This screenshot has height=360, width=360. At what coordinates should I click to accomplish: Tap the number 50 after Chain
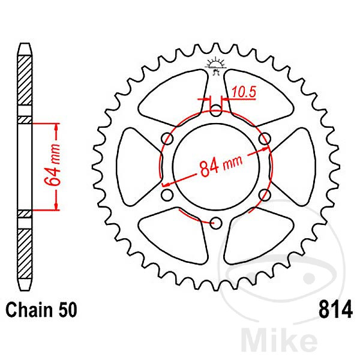coord(64,311)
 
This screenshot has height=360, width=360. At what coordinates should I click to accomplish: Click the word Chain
coord(28,311)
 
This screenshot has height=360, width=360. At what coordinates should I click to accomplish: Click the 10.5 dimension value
coord(241,93)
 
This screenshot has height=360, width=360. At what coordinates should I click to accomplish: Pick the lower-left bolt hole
coord(167,195)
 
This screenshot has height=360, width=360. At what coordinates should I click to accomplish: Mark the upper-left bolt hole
coord(167,139)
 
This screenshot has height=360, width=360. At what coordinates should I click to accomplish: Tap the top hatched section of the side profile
coord(24,84)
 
